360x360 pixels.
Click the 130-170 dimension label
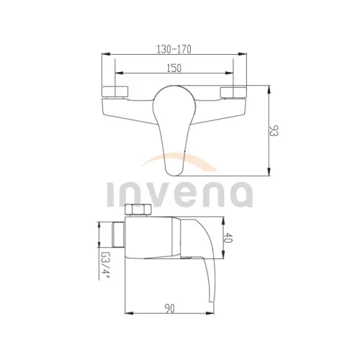click(174, 49)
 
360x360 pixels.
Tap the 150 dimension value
click(174, 68)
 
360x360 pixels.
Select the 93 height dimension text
click(274, 130)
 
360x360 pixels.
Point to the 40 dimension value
click(228, 238)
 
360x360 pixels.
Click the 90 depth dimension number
click(169, 308)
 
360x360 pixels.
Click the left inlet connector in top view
click(115, 92)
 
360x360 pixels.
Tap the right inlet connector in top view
click(233, 93)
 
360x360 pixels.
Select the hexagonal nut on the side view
click(138, 210)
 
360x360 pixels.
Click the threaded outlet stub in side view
click(119, 235)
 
